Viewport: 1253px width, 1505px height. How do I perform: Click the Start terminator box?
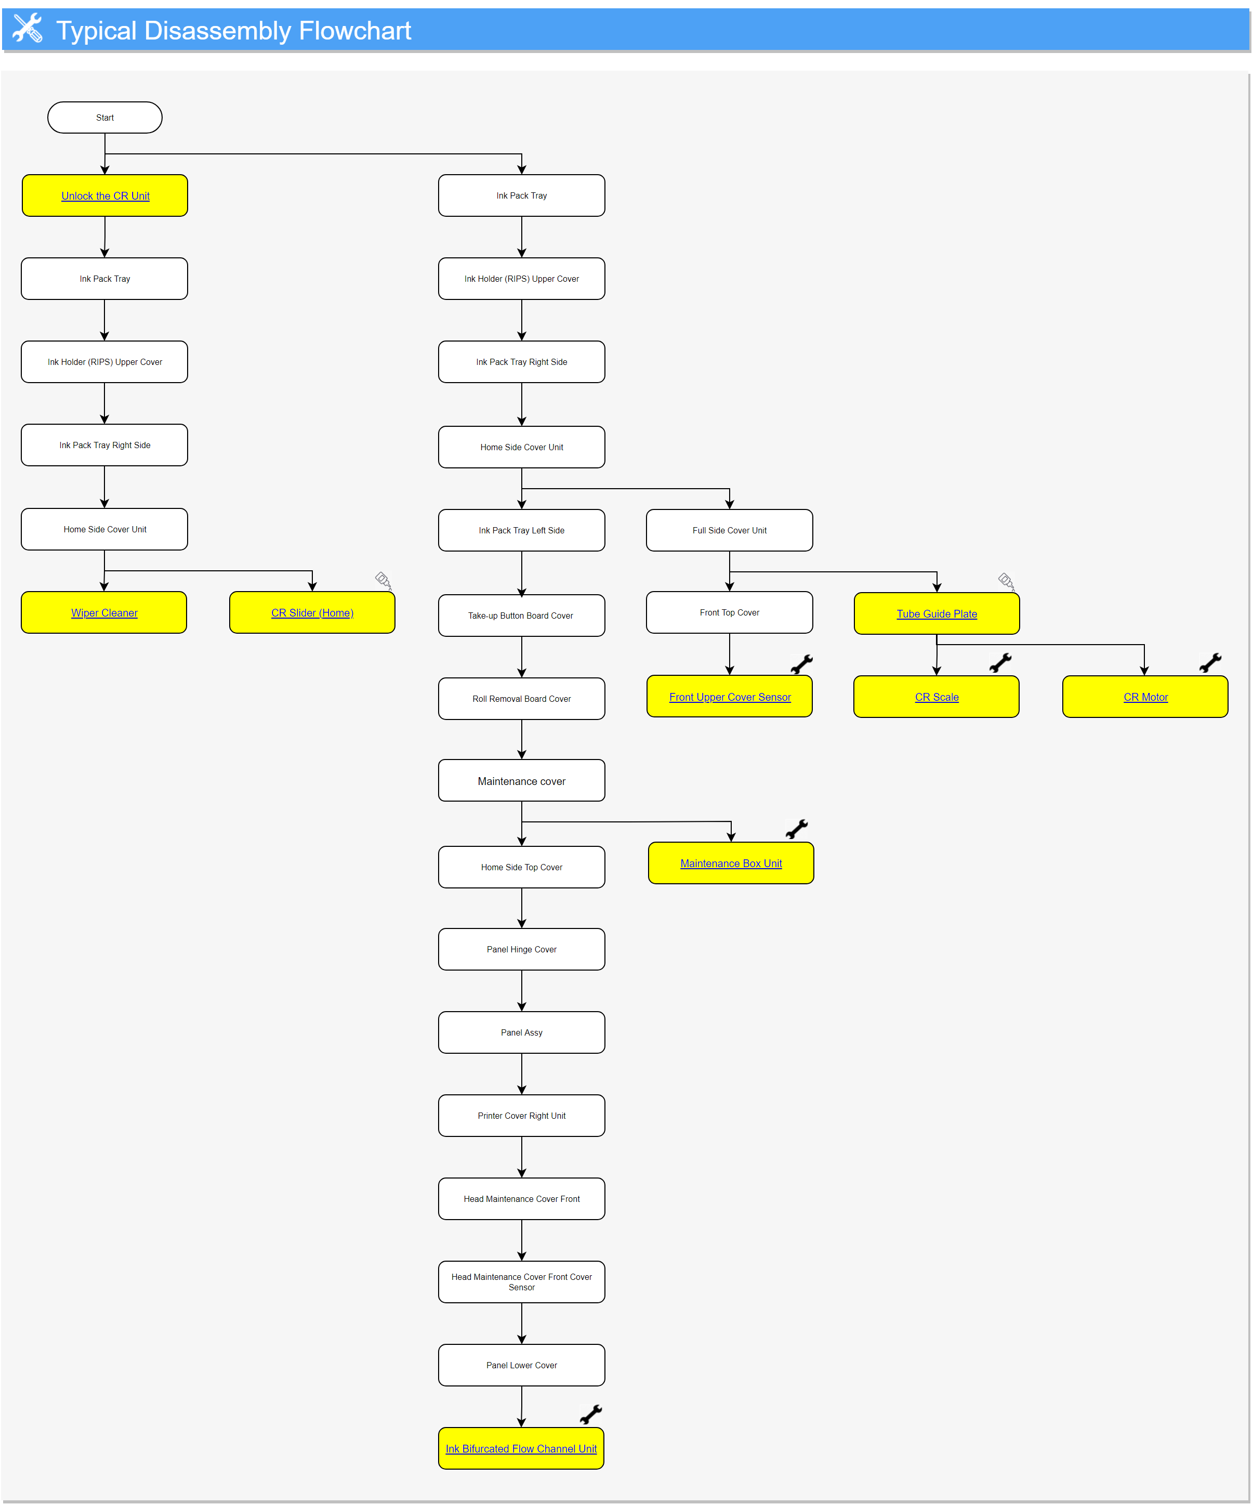(x=104, y=117)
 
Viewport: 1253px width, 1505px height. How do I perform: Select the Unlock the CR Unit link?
(x=105, y=195)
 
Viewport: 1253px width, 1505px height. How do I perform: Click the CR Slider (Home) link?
(x=312, y=613)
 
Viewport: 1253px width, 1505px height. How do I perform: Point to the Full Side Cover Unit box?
(x=729, y=530)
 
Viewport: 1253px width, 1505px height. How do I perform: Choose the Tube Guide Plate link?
(x=937, y=614)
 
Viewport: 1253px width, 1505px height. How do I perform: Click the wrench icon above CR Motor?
(x=1210, y=663)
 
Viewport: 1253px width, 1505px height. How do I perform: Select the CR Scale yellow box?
(x=937, y=697)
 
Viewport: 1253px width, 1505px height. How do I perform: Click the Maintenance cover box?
(x=522, y=780)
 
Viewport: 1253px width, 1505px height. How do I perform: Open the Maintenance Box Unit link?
(x=731, y=863)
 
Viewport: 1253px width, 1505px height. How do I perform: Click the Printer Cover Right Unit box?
(x=522, y=1116)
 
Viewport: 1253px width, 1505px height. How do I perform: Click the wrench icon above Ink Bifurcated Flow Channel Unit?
(x=591, y=1415)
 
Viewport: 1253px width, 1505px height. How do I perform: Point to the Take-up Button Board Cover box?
(x=522, y=616)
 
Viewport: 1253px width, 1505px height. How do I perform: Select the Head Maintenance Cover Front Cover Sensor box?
(x=522, y=1282)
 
